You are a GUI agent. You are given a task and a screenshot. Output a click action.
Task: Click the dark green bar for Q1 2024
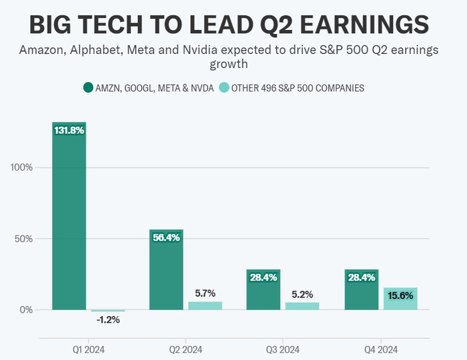(x=69, y=220)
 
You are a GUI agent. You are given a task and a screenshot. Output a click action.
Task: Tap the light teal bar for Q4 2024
(x=400, y=300)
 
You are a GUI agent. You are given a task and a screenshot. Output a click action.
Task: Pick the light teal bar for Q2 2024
(x=205, y=305)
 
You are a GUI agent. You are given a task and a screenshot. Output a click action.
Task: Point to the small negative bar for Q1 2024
(x=108, y=311)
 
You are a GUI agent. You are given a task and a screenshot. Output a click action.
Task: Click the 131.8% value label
(x=69, y=131)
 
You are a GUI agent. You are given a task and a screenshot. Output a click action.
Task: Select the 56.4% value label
(x=166, y=238)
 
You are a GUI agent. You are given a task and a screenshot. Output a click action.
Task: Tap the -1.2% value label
(x=108, y=320)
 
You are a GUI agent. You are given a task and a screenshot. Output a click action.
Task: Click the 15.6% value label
(x=400, y=296)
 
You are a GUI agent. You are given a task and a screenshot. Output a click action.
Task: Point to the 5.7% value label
(x=205, y=293)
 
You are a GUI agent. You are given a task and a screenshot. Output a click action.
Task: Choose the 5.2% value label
(x=302, y=294)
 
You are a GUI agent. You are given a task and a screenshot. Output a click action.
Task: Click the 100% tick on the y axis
(x=22, y=167)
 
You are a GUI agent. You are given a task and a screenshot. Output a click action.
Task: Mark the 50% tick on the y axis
(x=24, y=238)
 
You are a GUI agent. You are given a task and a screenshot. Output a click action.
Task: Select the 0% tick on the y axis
(x=27, y=309)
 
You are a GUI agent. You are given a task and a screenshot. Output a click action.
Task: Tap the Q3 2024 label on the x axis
(x=283, y=349)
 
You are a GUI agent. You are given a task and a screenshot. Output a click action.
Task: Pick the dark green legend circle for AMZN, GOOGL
(x=87, y=87)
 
